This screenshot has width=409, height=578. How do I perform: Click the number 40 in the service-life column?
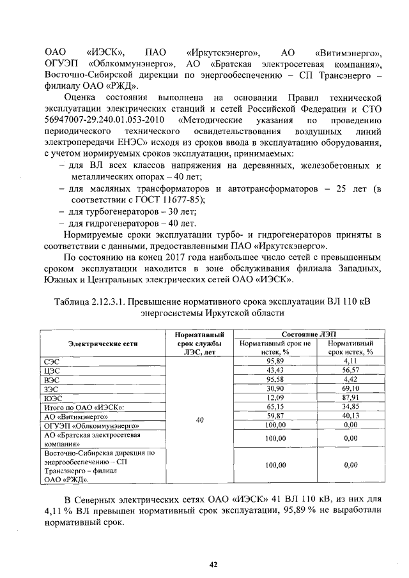pos(199,420)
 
